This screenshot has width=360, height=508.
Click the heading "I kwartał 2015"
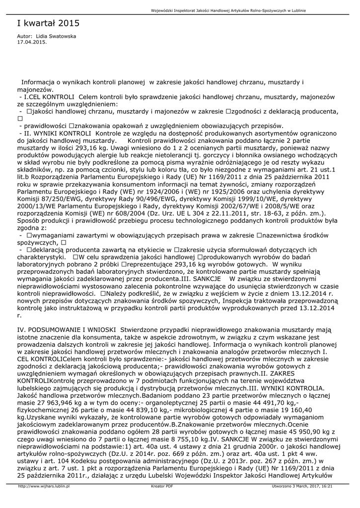point(48,23)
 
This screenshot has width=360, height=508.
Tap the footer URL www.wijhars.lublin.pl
point(44,486)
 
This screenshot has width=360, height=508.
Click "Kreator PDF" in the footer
point(162,486)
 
